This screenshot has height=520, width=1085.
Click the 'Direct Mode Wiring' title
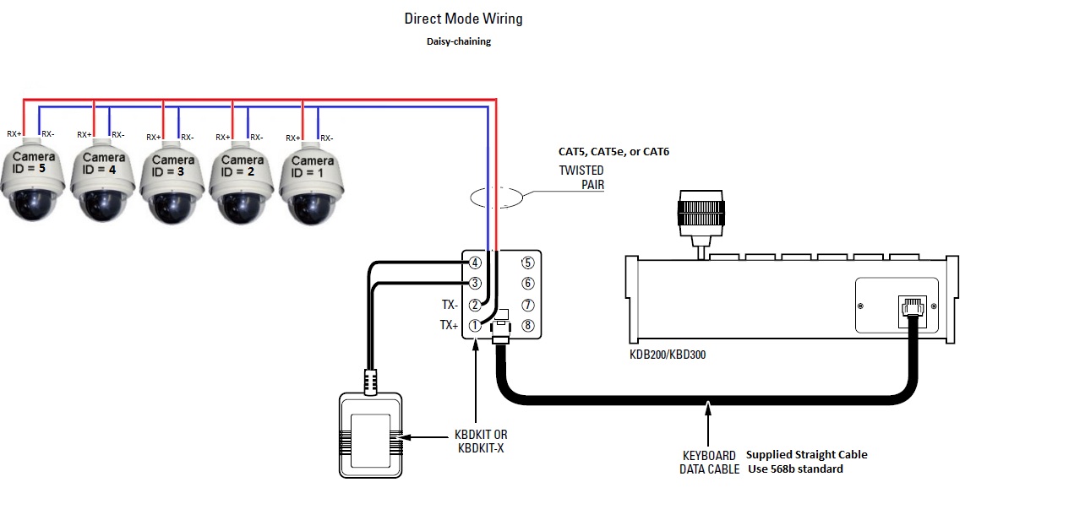464,19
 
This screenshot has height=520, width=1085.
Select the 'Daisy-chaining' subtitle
459,41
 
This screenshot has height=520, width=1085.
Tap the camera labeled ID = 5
32,180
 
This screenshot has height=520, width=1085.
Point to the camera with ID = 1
312,183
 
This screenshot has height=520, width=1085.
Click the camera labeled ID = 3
172,183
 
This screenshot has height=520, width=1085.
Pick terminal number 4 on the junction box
475,263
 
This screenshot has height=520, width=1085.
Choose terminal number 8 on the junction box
528,326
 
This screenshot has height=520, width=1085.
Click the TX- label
450,305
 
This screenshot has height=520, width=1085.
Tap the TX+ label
449,325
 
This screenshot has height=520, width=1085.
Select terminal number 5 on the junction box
528,263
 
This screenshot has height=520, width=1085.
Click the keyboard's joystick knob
701,214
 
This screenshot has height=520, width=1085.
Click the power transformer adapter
371,435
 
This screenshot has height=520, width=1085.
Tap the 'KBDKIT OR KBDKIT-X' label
481,441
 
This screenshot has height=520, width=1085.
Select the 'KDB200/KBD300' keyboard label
668,355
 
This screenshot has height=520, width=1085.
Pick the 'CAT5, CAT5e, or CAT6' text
613,152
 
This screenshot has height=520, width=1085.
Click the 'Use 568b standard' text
795,469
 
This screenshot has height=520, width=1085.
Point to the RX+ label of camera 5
14,133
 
